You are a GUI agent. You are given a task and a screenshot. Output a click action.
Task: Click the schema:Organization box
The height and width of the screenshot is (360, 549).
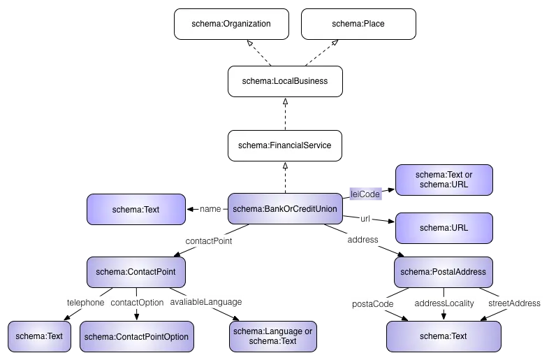(230, 24)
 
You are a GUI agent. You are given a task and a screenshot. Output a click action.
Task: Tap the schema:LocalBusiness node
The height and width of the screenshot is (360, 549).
(285, 81)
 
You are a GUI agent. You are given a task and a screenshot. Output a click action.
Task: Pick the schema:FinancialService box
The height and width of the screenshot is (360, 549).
(285, 145)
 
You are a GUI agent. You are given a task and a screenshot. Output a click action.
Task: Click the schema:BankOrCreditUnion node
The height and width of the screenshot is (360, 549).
(285, 208)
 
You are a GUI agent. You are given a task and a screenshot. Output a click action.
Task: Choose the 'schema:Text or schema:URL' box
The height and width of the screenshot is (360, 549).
(444, 179)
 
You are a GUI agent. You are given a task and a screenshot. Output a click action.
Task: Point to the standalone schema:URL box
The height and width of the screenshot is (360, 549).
(444, 228)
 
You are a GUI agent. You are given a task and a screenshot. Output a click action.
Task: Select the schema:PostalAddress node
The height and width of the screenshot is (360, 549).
(444, 271)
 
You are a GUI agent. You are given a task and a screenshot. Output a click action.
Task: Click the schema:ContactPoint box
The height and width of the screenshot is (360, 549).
(136, 271)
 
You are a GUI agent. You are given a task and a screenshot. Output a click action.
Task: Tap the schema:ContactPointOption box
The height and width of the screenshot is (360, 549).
(136, 336)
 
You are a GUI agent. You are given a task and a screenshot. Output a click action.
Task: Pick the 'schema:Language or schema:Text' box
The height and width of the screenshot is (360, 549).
(273, 336)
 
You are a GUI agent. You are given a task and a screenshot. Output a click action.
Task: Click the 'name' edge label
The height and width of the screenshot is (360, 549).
(210, 208)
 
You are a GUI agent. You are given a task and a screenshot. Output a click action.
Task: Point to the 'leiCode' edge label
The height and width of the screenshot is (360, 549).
(365, 192)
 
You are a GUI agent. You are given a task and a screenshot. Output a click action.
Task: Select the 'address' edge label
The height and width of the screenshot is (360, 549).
(363, 240)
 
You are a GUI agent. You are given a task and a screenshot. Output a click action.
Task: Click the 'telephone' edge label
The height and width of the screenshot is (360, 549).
(85, 303)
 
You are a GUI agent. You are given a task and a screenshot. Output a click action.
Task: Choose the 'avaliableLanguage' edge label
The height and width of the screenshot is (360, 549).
(205, 303)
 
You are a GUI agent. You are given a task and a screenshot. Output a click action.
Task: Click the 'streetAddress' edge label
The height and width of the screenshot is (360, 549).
(514, 303)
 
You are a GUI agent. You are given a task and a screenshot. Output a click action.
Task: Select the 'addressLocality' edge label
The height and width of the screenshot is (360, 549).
(444, 303)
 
